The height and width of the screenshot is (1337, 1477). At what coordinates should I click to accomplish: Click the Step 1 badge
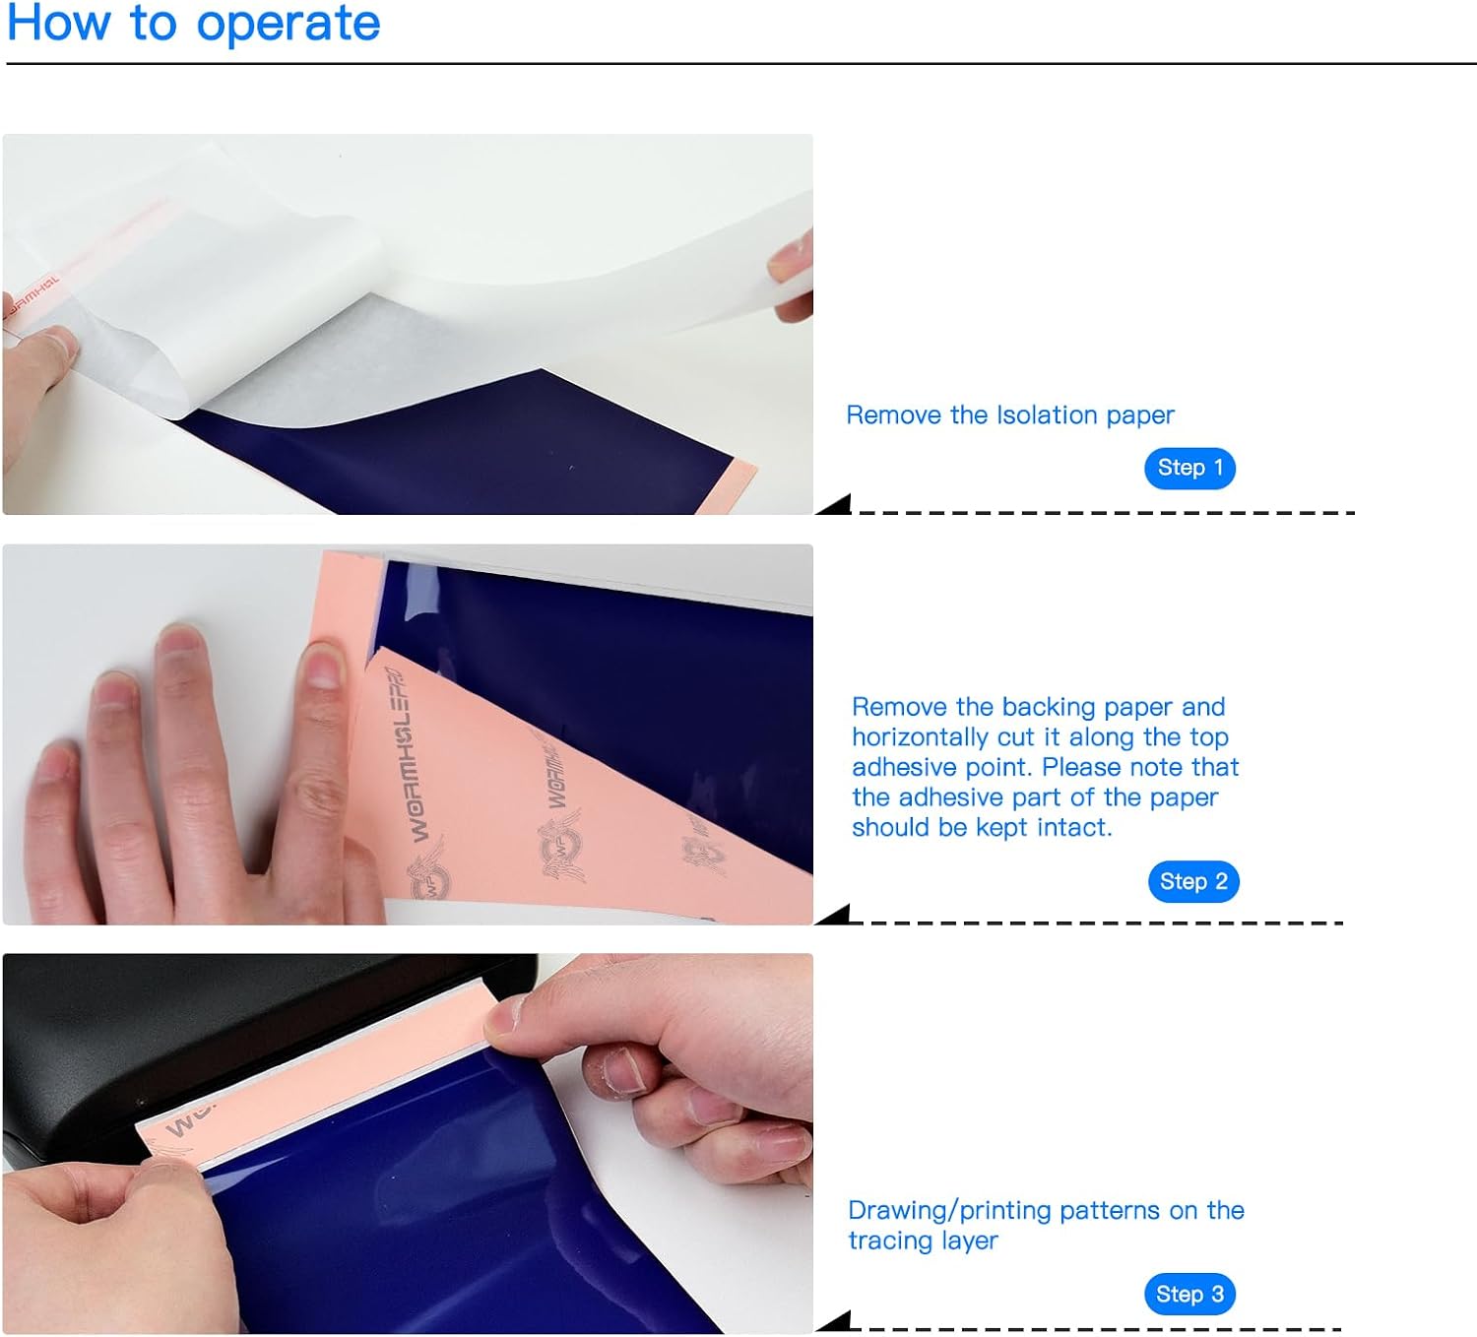tap(1189, 469)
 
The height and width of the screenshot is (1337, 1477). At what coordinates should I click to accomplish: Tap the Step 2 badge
tap(1193, 881)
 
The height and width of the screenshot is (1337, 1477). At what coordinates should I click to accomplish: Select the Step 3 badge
tap(1189, 1294)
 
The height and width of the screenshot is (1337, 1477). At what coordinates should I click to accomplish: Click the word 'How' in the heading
tap(58, 22)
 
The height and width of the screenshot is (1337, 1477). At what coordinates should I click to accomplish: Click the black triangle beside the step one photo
tap(834, 504)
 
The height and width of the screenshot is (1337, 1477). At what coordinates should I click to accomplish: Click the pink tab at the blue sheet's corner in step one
tap(727, 486)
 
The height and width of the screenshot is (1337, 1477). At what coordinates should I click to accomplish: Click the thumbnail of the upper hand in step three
tap(503, 1013)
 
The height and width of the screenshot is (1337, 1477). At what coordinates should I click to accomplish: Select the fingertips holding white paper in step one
tap(790, 275)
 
